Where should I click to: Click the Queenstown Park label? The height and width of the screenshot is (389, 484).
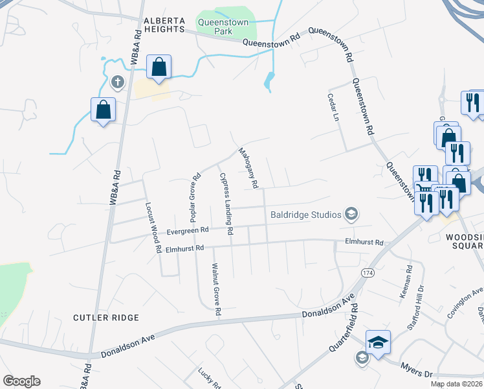point(223,25)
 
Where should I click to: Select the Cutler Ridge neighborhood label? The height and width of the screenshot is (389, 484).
point(106,318)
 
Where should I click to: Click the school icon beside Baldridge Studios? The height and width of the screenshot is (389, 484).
point(351,213)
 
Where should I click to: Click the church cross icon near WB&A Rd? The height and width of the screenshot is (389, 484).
point(117,82)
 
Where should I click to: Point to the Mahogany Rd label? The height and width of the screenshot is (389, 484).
point(248,168)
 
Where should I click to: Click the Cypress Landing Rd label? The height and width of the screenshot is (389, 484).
point(225,198)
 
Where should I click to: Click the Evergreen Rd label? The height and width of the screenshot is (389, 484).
point(187,230)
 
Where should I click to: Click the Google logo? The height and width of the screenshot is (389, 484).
point(21,381)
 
